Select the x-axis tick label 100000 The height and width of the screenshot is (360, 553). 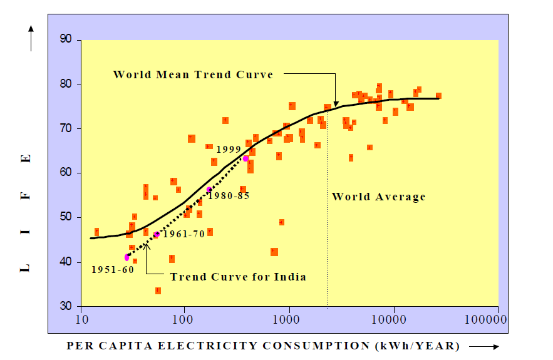[486, 319]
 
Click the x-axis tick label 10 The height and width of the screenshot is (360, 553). [81, 319]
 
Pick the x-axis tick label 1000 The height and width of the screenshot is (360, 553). [289, 319]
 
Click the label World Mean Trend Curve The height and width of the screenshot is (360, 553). [193, 75]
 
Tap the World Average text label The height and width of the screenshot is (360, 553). [378, 197]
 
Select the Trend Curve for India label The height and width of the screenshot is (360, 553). [238, 277]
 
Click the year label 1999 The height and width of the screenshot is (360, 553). [229, 150]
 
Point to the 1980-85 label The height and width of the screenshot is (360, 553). [229, 195]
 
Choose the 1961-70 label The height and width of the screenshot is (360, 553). [183, 234]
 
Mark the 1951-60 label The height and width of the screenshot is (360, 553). [113, 270]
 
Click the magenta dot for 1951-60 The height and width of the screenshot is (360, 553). [127, 257]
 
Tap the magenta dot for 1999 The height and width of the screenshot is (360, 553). [245, 158]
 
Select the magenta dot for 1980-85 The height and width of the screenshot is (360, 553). [209, 190]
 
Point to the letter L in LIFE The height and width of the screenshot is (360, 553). [26, 267]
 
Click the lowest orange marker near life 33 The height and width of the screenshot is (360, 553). [158, 291]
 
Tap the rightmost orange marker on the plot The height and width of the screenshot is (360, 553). [438, 96]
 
